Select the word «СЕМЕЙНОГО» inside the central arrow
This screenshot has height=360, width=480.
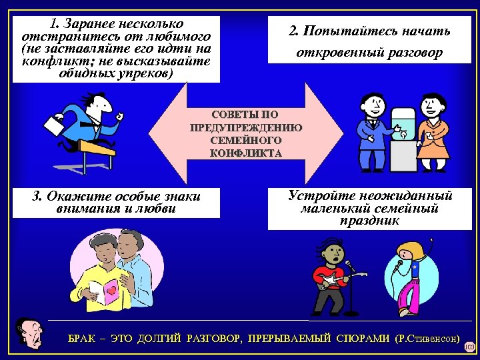246,141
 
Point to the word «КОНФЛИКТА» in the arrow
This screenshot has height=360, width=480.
246,153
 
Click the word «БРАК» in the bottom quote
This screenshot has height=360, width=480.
82,339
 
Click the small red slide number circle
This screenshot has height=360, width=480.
469,347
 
